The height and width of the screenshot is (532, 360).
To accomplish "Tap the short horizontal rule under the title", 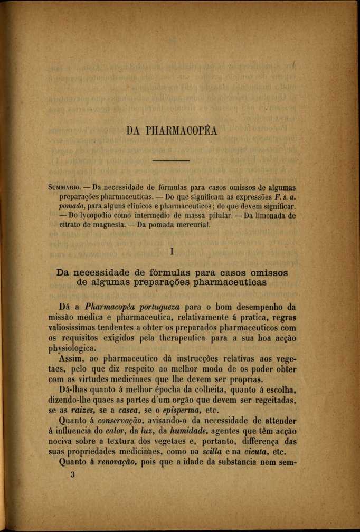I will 170,160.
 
